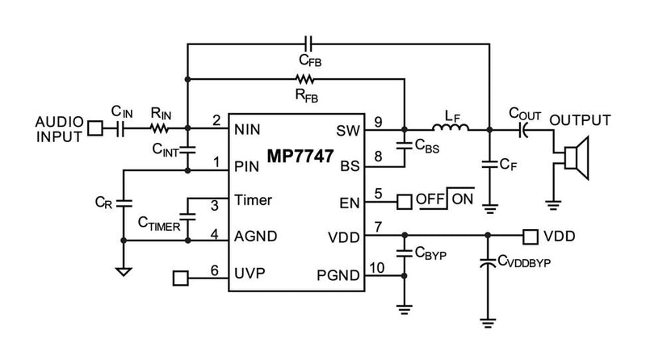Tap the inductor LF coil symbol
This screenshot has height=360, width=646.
pyautogui.click(x=448, y=127)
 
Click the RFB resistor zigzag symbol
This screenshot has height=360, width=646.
pyautogui.click(x=306, y=79)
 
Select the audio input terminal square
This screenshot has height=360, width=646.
pyautogui.click(x=95, y=128)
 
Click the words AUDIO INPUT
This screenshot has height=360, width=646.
pyautogui.click(x=58, y=128)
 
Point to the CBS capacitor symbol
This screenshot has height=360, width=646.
pyautogui.click(x=403, y=147)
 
